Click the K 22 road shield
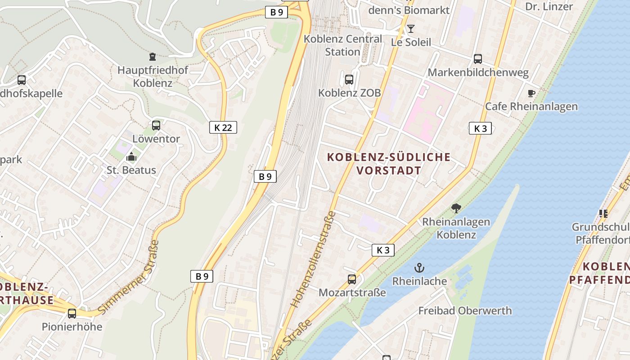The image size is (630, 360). pos(223,127)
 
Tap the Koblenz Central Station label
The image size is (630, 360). pos(343,45)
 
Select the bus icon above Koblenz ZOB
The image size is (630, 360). pos(349,80)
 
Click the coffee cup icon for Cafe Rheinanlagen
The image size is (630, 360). pos(531,93)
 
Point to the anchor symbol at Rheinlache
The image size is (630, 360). pos(419,268)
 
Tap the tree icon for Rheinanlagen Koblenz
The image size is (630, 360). pos(456,208)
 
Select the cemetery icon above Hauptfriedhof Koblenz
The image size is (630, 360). pos(153,57)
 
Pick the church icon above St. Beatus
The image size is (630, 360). pos(131,157)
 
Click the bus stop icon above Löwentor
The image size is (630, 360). pos(156,126)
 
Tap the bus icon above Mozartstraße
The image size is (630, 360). pos(352,279)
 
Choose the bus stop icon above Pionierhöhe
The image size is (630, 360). pos(72,313)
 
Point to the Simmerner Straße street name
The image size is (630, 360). pos(128,277)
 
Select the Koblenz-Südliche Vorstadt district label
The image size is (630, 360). pos(389,163)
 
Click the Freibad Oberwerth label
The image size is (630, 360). pos(465,310)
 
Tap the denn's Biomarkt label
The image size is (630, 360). pos(409,10)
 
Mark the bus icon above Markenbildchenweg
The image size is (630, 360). pos(478,59)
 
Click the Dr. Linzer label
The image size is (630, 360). pos(549,6)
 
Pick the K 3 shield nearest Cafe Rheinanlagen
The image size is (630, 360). pos(480,128)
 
